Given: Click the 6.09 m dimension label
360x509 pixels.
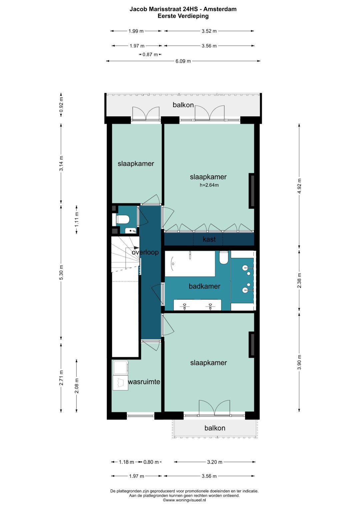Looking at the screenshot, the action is (183, 61).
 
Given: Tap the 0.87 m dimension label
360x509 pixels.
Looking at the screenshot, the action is (150, 55).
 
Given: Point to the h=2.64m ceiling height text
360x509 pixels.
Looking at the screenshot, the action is (209, 185).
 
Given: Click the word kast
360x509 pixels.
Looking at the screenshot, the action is (209, 239).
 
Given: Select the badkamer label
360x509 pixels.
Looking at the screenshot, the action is (205, 286).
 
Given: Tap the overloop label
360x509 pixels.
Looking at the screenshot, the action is (145, 252).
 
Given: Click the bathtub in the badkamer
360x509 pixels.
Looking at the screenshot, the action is (190, 264).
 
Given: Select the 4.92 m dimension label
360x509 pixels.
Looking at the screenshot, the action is (299, 186).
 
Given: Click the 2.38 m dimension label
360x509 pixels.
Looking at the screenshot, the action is (299, 281).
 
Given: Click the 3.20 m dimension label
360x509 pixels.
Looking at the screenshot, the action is (215, 462).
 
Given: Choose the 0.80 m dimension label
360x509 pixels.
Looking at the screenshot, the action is (151, 462).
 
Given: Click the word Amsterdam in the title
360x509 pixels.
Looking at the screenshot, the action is (220, 9).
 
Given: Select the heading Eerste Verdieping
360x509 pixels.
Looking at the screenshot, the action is (183, 16).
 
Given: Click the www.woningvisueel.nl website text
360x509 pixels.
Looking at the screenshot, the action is (184, 500).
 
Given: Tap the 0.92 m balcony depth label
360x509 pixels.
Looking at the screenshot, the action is (61, 105).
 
